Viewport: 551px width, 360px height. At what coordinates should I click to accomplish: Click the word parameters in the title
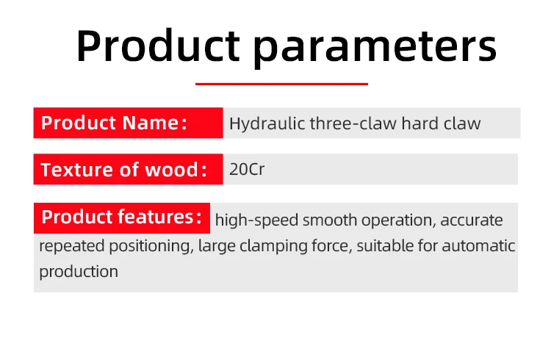coord(375,48)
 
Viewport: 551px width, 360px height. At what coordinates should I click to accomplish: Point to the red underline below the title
coord(281,84)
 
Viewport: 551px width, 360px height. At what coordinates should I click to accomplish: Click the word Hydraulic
coord(267,123)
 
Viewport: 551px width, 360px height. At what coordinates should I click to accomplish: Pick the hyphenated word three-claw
coord(353,123)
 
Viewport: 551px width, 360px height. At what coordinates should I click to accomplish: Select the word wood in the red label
coord(171,170)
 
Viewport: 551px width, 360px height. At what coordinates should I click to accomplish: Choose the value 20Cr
coord(247,169)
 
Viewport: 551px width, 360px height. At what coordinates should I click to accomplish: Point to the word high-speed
coord(256,220)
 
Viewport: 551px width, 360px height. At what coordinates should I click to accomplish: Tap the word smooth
coord(330,220)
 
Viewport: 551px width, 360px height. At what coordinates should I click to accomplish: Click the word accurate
coord(471,220)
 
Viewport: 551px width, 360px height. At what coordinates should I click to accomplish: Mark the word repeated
coord(72,246)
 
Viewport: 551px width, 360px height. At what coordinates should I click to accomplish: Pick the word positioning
coord(151,246)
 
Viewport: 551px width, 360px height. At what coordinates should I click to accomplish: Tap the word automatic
coord(478,245)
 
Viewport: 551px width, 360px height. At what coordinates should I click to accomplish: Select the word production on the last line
coord(79,272)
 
